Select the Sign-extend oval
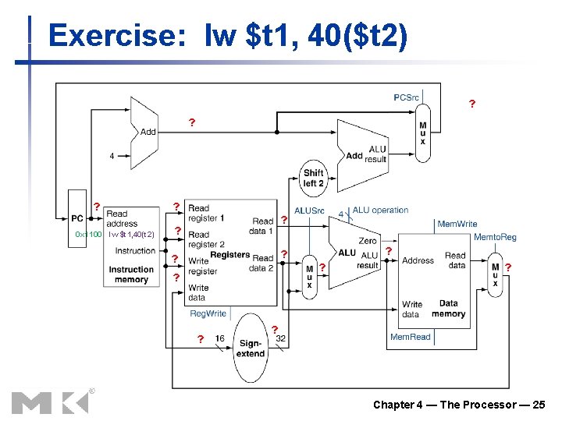point(251,348)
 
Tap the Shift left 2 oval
point(313,178)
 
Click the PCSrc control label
point(406,97)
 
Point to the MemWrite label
point(457,224)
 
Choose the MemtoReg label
point(495,236)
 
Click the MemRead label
point(410,337)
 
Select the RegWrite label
point(208,313)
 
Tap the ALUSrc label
point(309,210)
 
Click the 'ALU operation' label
point(380,210)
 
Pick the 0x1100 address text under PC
point(87,234)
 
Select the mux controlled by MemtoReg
point(495,274)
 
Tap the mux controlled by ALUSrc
point(309,274)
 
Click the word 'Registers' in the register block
point(229,255)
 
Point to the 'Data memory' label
point(448,309)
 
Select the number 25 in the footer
point(538,404)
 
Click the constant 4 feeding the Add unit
point(112,156)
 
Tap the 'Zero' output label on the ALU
point(367,241)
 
